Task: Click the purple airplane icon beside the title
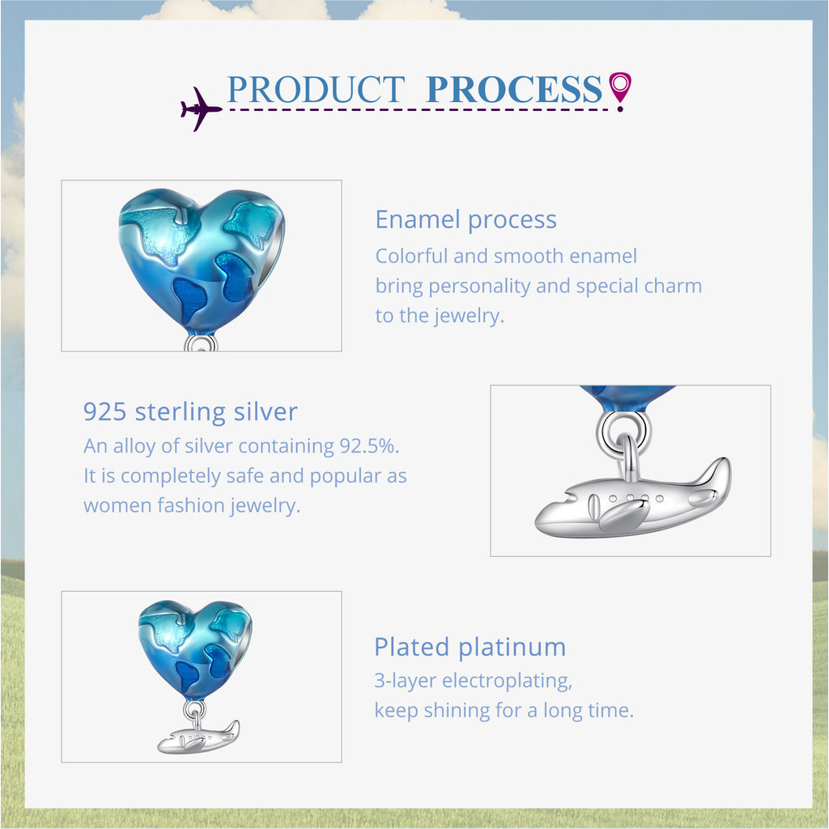(201, 109)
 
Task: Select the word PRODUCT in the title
(316, 89)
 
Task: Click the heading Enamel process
(466, 219)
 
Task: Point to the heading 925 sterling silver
(190, 411)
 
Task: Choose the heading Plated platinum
(470, 647)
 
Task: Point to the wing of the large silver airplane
(624, 516)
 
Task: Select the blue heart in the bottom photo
(195, 650)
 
